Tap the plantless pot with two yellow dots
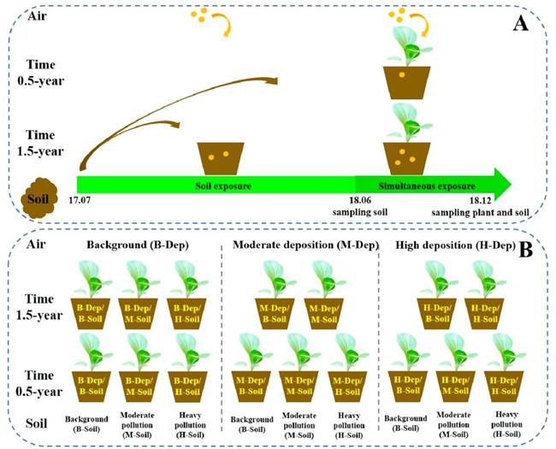[221, 157]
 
